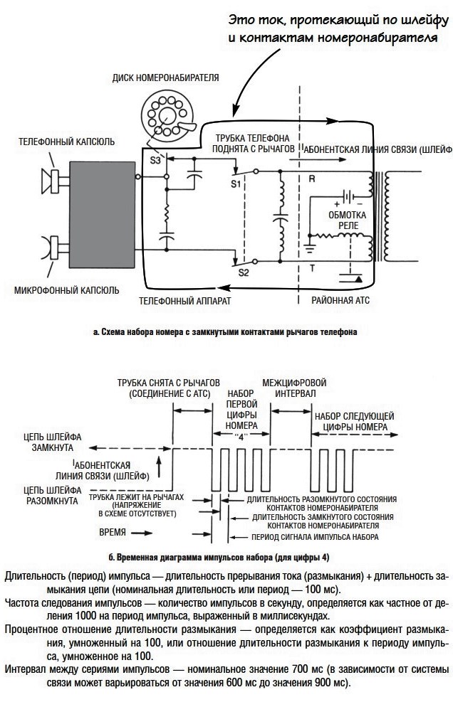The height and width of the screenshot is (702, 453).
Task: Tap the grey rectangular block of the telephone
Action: (102, 215)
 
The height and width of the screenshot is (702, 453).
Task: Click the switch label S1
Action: (236, 184)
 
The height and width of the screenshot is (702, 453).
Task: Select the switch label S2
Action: (243, 272)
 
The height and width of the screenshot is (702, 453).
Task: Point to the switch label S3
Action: (155, 160)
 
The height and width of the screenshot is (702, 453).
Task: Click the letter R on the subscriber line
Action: (312, 179)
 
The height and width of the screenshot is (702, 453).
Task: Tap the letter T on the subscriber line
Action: (312, 268)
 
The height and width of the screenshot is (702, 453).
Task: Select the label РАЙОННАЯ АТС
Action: (340, 300)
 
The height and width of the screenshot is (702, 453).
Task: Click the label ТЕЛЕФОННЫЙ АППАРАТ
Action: (184, 300)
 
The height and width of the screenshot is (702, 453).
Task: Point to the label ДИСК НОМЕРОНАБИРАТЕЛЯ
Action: (165, 78)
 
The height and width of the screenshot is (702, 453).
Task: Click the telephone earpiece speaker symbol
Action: (51, 181)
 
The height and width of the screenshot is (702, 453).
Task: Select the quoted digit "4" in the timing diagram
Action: (241, 437)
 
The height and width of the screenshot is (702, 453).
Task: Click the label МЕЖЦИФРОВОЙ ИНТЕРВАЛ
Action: (295, 388)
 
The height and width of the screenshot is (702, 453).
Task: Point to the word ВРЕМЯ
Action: (113, 532)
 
